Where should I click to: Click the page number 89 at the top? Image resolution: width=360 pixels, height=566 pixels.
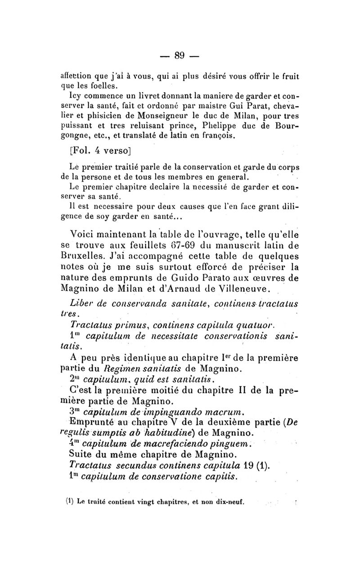180,55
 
